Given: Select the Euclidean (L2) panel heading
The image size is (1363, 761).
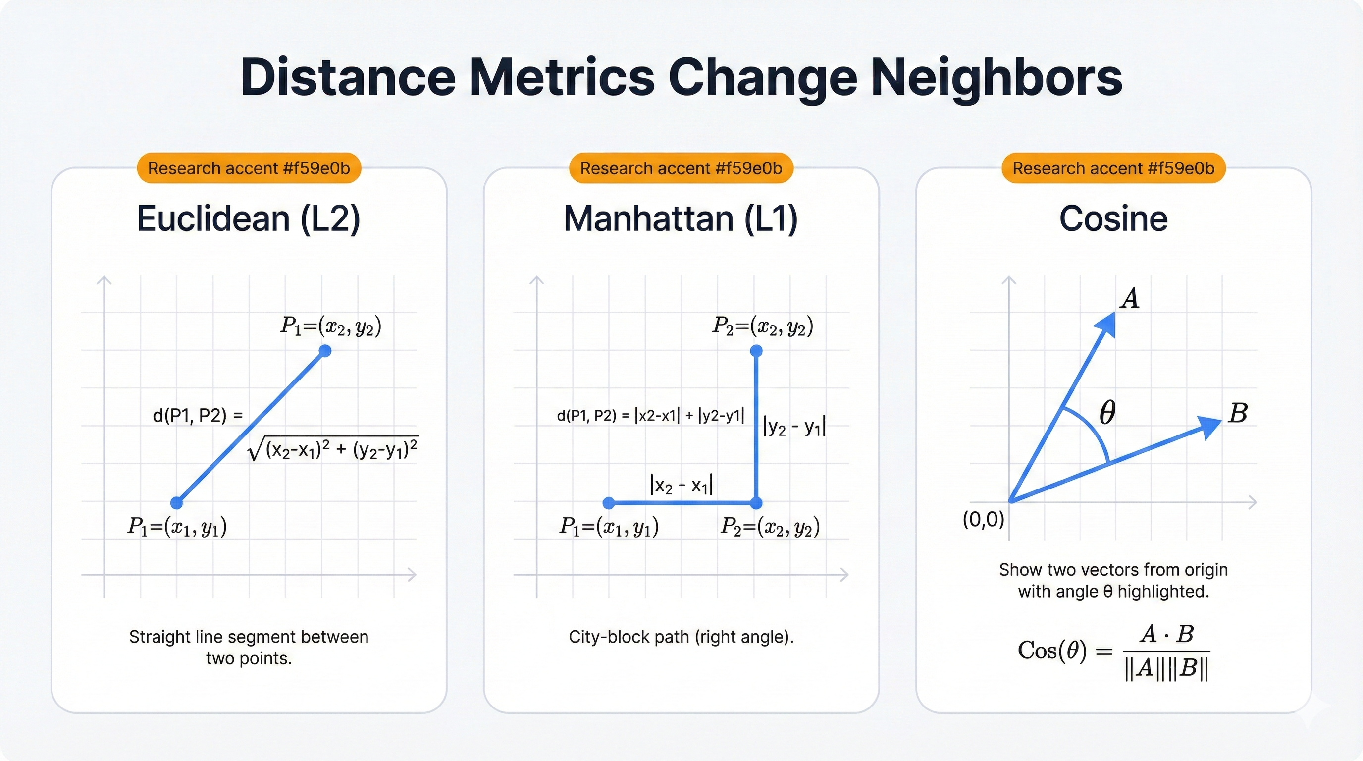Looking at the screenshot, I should tap(248, 218).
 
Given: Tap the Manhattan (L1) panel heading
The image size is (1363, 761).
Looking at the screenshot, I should tap(681, 218).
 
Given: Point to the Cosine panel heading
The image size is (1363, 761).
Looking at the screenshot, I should tap(1113, 218).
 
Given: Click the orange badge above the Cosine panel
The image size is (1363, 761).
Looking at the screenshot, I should tap(1113, 168).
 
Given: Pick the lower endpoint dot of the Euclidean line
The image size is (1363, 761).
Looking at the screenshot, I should tap(177, 502).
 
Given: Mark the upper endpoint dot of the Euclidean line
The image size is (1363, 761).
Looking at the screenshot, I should tap(325, 351).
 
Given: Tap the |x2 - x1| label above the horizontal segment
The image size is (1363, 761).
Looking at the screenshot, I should tap(681, 485).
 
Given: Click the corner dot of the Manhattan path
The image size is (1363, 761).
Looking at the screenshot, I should tap(757, 502).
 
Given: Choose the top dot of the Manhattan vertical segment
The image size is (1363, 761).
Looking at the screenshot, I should tap(757, 351).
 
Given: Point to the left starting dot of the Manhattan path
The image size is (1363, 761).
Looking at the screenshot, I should tap(609, 502).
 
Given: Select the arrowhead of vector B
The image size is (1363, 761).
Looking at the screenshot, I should tap(1209, 426).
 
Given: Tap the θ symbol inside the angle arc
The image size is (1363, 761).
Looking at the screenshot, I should tap(1107, 413).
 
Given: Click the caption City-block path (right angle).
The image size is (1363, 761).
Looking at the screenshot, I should tap(681, 637).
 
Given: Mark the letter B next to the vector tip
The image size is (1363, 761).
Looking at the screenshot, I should tap(1238, 413).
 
